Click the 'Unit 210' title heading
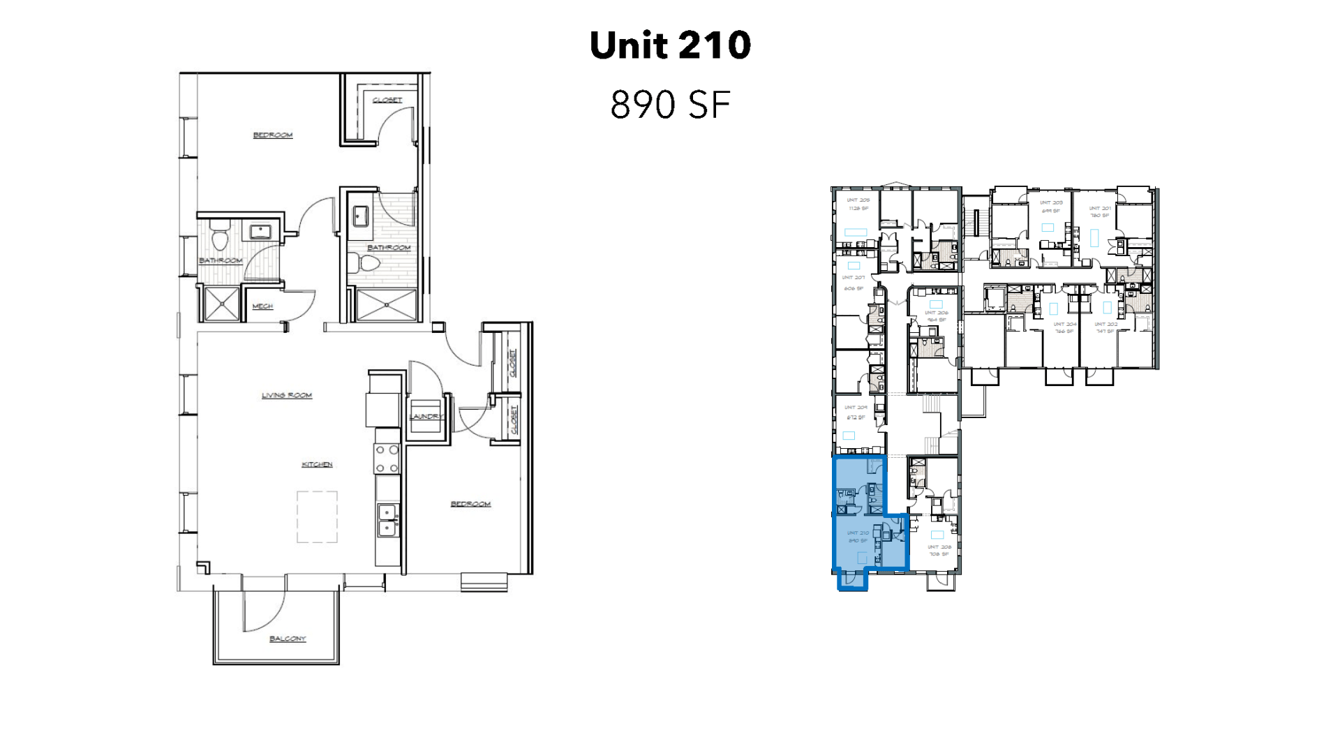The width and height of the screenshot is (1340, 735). [670, 45]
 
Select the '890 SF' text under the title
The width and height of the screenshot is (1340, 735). [670, 105]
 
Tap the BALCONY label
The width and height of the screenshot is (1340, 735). [288, 639]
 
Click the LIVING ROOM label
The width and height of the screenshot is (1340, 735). [287, 396]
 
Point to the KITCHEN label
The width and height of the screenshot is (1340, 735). [317, 465]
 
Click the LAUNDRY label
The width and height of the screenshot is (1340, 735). [426, 417]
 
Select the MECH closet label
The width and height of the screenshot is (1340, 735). [262, 306]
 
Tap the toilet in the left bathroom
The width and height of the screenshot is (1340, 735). [221, 236]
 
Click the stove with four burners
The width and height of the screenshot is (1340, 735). [387, 460]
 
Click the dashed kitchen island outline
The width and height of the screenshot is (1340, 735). [317, 517]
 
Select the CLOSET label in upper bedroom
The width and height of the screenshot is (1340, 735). [387, 101]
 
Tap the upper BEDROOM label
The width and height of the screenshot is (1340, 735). [273, 135]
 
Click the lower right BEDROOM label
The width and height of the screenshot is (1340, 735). [470, 504]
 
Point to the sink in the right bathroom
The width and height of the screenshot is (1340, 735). [361, 216]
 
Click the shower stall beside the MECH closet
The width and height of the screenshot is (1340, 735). [221, 303]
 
